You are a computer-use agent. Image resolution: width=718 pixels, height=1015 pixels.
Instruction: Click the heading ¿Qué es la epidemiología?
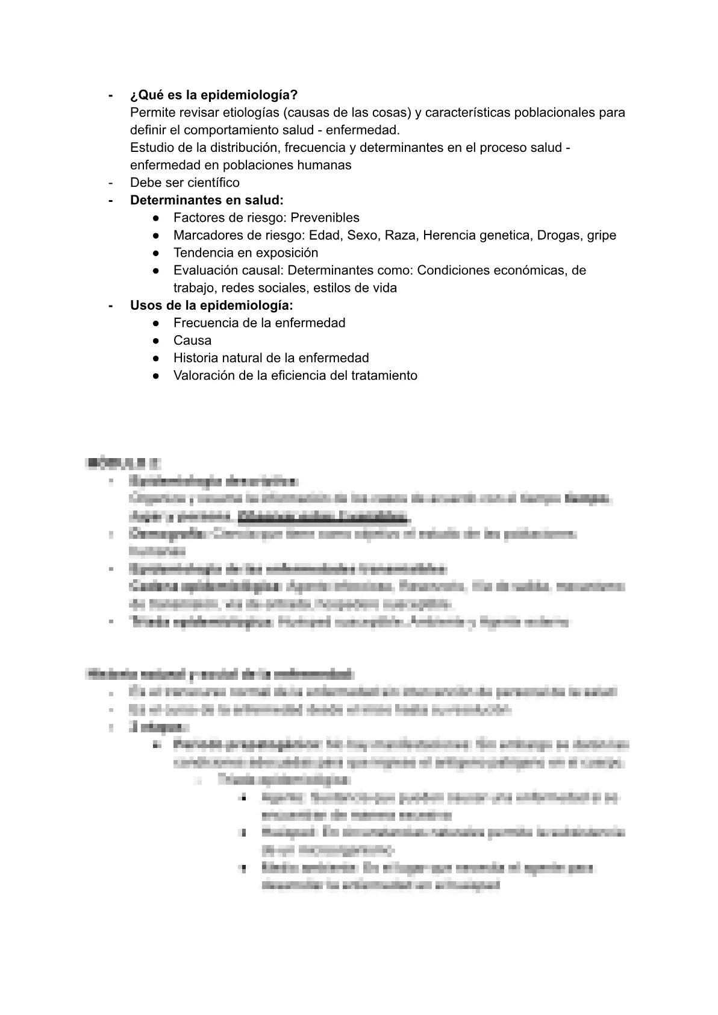click(214, 95)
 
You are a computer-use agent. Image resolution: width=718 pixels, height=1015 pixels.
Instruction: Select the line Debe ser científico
click(184, 183)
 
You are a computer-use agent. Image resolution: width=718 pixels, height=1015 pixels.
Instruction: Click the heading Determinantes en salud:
click(207, 200)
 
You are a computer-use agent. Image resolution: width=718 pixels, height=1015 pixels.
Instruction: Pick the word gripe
click(600, 235)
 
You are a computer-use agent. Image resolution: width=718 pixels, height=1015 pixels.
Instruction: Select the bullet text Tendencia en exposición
click(246, 253)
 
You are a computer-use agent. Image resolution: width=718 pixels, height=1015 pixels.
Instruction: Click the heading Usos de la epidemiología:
click(211, 306)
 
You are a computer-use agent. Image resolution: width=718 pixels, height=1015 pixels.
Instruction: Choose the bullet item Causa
click(192, 341)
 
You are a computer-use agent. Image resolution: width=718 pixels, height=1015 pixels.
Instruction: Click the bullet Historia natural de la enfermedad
click(271, 358)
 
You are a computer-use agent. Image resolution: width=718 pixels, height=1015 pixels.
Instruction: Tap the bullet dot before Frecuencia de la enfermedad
click(156, 323)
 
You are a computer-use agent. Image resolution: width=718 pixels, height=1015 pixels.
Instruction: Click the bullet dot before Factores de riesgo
click(156, 218)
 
